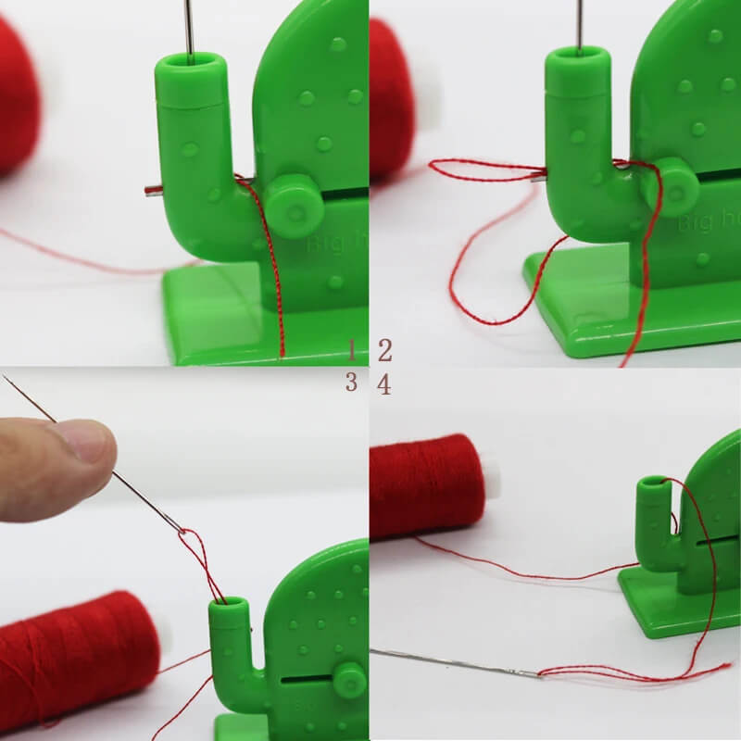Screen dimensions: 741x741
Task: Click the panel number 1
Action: click(x=352, y=349)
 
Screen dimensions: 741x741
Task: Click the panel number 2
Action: click(x=384, y=350)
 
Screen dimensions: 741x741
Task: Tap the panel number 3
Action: click(x=352, y=382)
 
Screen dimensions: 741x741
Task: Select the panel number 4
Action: click(x=384, y=383)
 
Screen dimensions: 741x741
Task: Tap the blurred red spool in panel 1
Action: click(x=17, y=93)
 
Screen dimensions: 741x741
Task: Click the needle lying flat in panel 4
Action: click(x=454, y=663)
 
